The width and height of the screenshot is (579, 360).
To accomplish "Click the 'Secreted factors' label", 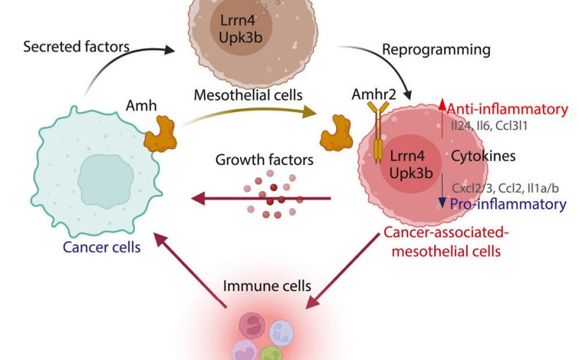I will [76, 48].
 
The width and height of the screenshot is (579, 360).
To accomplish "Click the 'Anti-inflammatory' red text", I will [508, 109].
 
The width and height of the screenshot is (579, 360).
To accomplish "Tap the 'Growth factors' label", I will [264, 160].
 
